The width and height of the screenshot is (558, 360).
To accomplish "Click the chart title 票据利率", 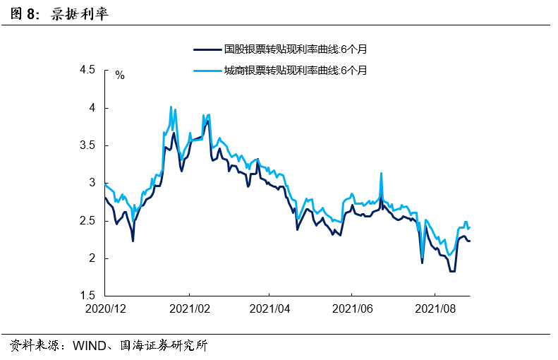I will pyautogui.click(x=80, y=14).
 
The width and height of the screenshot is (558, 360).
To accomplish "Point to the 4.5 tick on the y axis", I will pyautogui.click(x=87, y=71).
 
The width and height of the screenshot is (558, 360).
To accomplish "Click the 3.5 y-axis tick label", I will pyautogui.click(x=87, y=145).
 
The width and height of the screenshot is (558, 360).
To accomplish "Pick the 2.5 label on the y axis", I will pyautogui.click(x=87, y=221).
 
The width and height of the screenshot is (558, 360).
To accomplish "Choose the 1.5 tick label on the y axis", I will pyautogui.click(x=87, y=296).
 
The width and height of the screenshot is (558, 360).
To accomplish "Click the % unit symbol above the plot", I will pyautogui.click(x=119, y=75).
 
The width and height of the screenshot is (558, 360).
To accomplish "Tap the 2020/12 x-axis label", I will pyautogui.click(x=105, y=308).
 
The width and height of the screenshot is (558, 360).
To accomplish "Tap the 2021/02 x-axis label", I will pyautogui.click(x=188, y=308).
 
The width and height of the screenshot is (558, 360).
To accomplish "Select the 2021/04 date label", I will pyautogui.click(x=269, y=308).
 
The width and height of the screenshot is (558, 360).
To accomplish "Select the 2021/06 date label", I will pyautogui.click(x=352, y=308).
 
